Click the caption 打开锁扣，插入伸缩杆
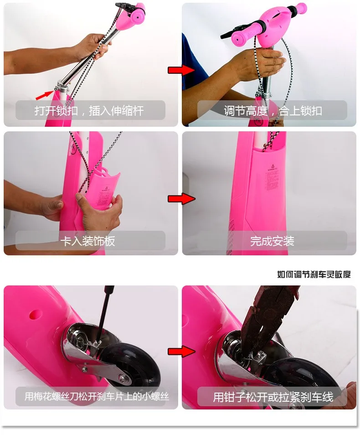[x=89, y=111]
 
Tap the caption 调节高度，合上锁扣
[x=273, y=111]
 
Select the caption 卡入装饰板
[x=87, y=241]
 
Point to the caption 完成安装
[x=272, y=241]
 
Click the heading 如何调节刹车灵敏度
[x=314, y=274]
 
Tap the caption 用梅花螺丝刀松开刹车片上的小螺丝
[x=97, y=396]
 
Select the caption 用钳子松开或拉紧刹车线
[x=273, y=397]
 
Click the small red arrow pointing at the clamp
[x=44, y=95]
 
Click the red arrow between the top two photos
[x=181, y=70]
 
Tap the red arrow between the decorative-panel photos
[x=181, y=199]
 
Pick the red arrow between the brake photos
[x=181, y=352]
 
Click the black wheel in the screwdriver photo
[x=130, y=364]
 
